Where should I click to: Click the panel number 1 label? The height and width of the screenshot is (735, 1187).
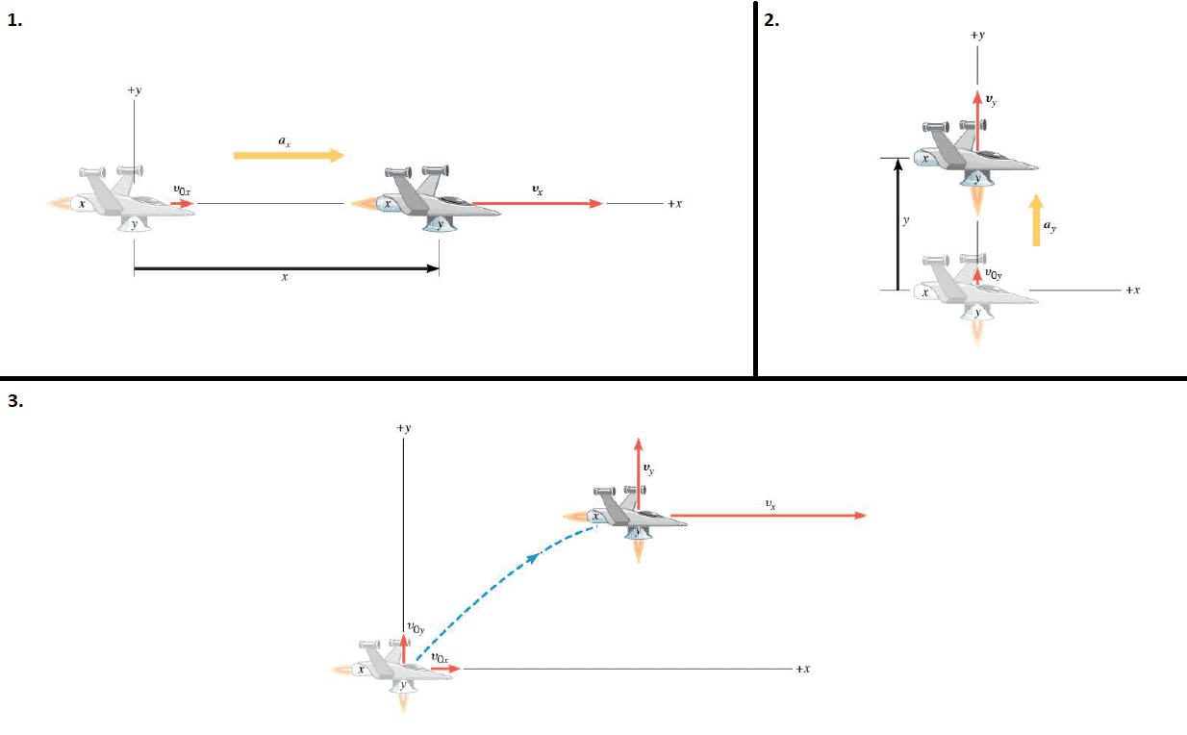click(14, 20)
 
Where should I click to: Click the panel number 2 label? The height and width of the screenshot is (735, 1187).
click(771, 20)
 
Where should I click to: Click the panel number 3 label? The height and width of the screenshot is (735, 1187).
click(15, 401)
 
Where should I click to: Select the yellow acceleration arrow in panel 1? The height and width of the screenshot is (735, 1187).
click(289, 155)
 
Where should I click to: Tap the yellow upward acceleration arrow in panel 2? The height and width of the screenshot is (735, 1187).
click(1037, 220)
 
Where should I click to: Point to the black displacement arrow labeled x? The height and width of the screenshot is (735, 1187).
click(286, 268)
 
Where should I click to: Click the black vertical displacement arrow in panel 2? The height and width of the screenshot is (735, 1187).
click(897, 224)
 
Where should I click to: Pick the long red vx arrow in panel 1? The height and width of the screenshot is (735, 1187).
click(538, 204)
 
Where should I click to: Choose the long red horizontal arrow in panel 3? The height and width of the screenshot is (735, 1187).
click(769, 515)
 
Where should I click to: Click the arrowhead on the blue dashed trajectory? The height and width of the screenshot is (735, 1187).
click(532, 557)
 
